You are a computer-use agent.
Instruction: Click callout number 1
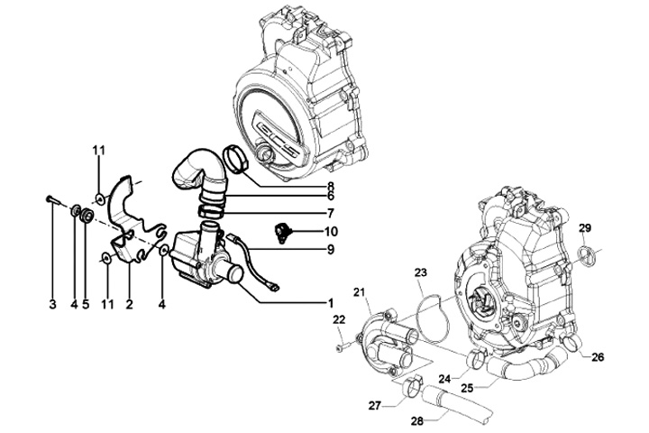[x=331, y=302]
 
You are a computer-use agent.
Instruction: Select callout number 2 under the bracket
[x=129, y=303]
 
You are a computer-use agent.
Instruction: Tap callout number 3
[x=52, y=303]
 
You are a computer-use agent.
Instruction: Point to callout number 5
[x=85, y=303]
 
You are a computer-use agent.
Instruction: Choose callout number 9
[x=332, y=249]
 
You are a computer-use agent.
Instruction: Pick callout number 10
[x=332, y=231]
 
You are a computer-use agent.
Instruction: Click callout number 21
[x=360, y=291]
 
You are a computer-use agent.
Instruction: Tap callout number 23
[x=420, y=271]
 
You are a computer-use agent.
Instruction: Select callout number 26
[x=598, y=357]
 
